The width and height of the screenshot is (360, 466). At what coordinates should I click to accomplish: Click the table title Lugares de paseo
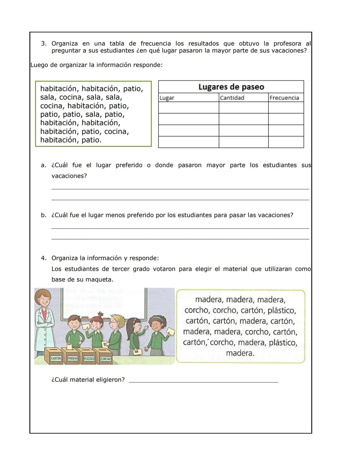pos(231,87)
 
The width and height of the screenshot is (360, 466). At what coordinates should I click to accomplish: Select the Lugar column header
pos(167,98)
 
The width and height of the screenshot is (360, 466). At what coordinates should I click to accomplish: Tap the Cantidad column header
pos(232,98)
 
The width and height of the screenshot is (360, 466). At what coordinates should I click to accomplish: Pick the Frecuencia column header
pos(284,98)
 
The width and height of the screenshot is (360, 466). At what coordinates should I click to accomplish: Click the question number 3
pos(43,44)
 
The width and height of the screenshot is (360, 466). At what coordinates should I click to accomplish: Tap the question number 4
pos(43,258)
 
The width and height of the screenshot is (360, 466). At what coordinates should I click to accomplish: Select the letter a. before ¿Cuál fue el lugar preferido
pos(43,165)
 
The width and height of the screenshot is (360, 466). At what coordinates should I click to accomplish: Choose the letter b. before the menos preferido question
pos(43,215)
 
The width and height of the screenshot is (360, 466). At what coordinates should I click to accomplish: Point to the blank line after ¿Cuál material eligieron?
pos(203,380)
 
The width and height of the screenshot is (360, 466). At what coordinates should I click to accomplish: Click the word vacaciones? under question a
pos(69,176)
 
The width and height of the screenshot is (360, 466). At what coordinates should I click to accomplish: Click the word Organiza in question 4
pos(65,258)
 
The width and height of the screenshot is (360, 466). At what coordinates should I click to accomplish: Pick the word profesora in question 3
pos(287,44)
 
